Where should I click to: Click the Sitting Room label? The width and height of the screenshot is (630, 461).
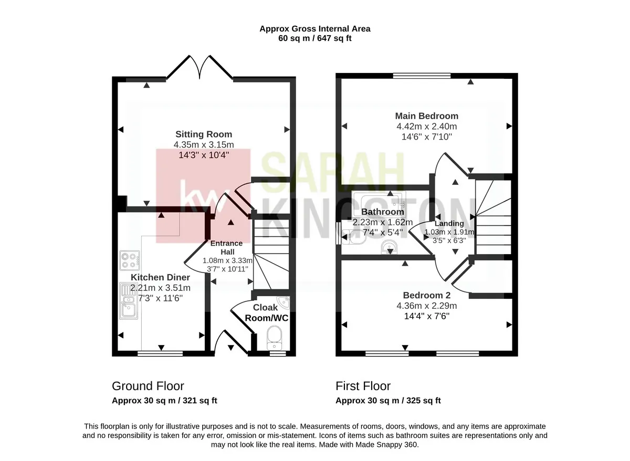click(x=204, y=134)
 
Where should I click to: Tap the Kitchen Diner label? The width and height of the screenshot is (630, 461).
click(x=160, y=277)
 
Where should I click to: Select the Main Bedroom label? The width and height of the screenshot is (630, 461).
click(x=427, y=116)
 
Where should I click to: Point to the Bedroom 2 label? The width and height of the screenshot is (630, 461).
click(x=427, y=295)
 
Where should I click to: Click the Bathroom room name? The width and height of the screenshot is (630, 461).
click(x=383, y=212)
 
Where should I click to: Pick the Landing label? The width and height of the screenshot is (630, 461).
click(x=449, y=223)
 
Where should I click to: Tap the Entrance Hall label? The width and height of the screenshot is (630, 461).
click(x=227, y=247)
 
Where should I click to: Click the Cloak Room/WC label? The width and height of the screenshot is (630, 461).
click(x=266, y=312)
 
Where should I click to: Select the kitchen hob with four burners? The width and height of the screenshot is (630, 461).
click(x=129, y=261)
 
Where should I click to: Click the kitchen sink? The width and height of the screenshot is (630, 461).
click(x=129, y=301)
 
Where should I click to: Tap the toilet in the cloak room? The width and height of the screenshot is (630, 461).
click(x=274, y=338)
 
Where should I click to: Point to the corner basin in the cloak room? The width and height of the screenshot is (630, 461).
click(x=283, y=302)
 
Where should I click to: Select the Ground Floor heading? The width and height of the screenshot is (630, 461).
click(x=148, y=386)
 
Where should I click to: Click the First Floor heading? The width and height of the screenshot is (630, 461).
click(x=363, y=386)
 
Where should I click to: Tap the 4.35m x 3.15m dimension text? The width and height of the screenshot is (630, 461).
click(x=204, y=144)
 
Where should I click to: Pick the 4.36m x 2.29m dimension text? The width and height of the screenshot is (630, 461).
click(x=427, y=306)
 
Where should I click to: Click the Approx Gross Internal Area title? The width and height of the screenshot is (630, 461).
click(x=314, y=29)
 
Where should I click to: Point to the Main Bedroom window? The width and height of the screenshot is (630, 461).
click(x=422, y=76)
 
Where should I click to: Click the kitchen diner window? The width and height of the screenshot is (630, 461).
click(x=160, y=353)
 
